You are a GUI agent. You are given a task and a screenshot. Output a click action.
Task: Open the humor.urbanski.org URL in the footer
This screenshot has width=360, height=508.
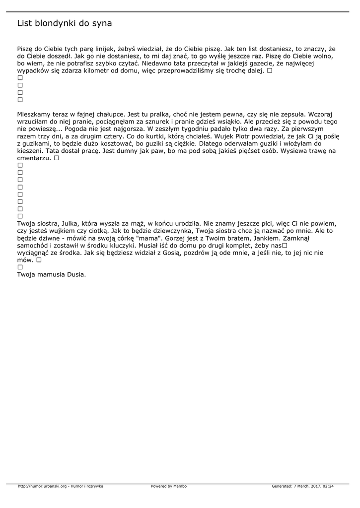coord(42,487)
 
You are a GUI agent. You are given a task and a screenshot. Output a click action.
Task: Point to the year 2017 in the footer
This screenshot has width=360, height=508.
coord(314,487)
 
